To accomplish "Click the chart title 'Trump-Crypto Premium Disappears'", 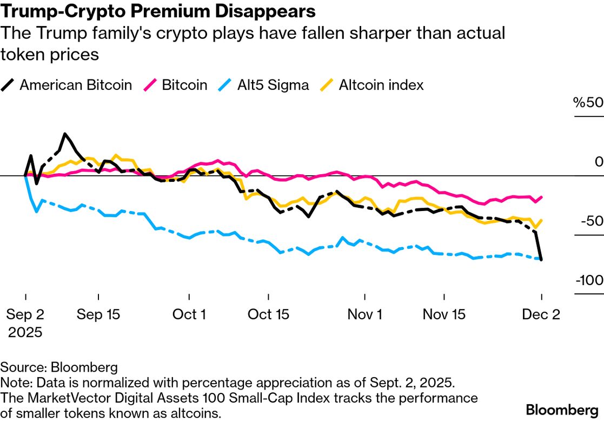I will (x=158, y=11).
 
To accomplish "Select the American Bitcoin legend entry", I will (x=69, y=85).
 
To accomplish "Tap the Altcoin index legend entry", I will (x=374, y=85).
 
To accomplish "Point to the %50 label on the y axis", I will (x=588, y=103).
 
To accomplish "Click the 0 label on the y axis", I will (x=598, y=162).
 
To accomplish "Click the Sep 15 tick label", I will (x=98, y=314).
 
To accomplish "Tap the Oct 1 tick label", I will (x=189, y=314).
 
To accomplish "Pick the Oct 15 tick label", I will (x=269, y=314).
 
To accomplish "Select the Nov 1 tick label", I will (x=364, y=314).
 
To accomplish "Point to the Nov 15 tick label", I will (x=444, y=314).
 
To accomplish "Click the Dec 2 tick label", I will (x=541, y=314).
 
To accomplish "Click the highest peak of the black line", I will (x=65, y=134).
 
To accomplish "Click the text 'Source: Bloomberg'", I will (x=59, y=368).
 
